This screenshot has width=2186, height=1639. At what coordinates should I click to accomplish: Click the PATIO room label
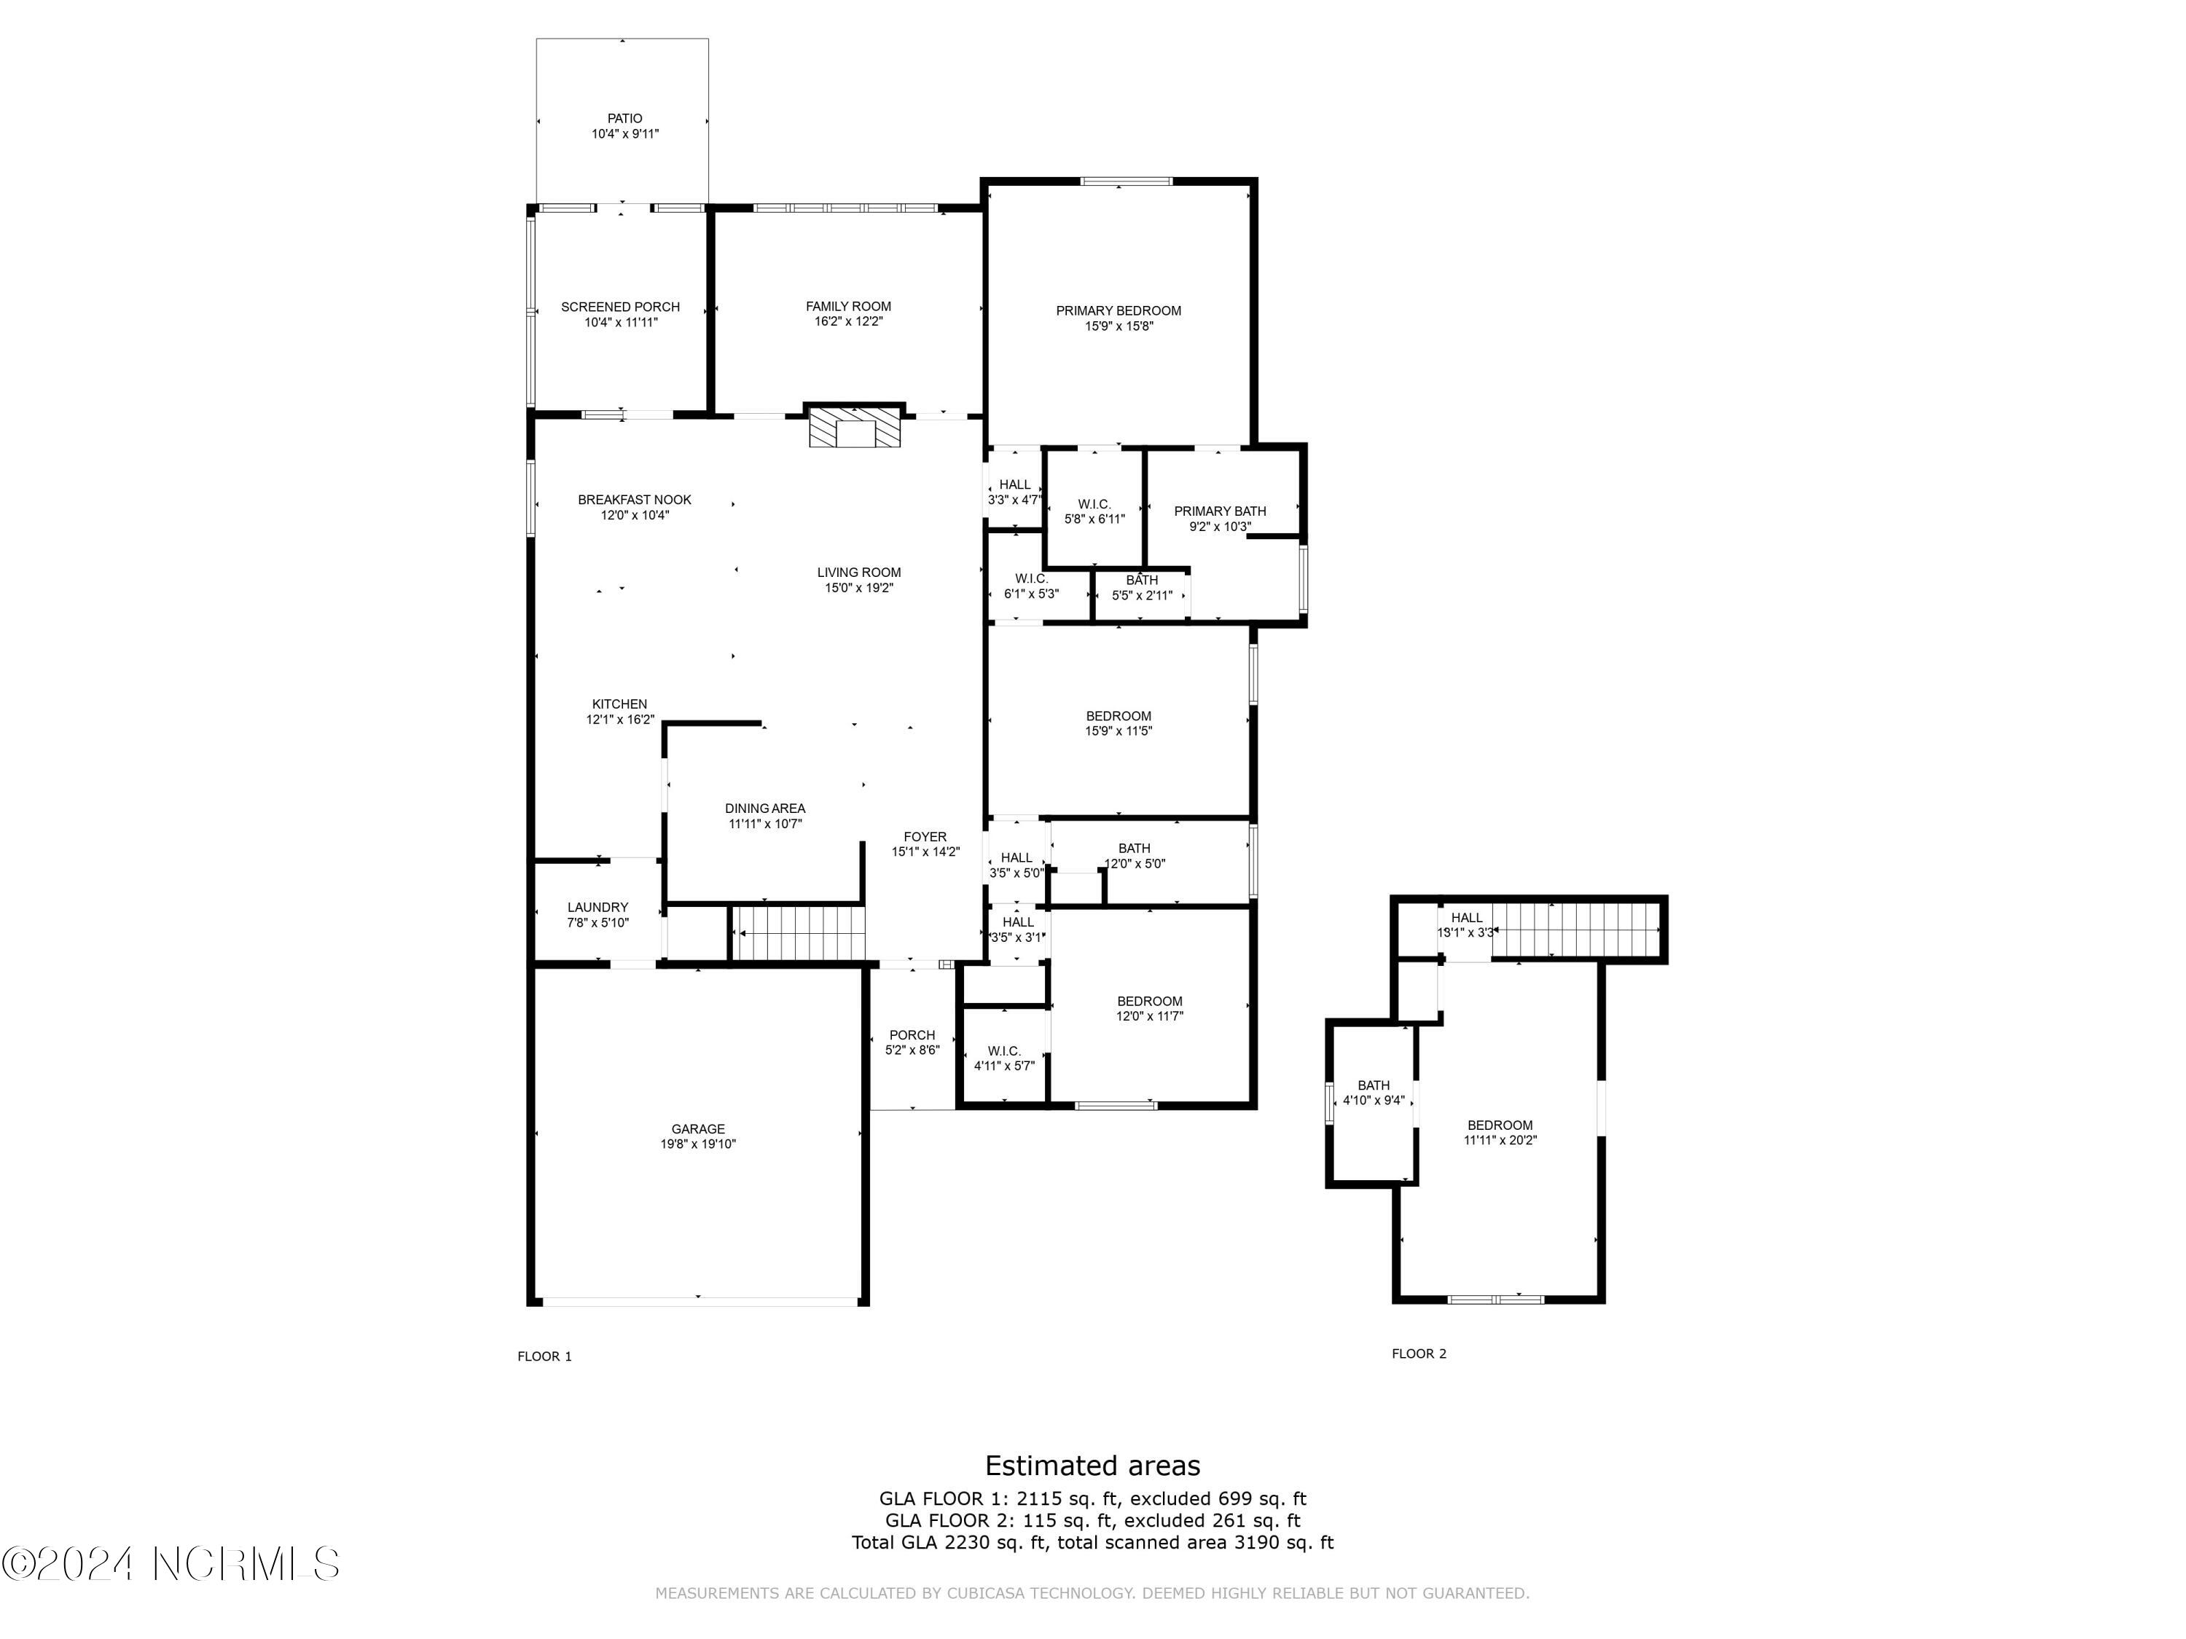click(624, 119)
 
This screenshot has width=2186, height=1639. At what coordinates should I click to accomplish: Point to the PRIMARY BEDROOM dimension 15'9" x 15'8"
click(1118, 326)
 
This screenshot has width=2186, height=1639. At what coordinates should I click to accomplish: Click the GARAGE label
click(698, 1129)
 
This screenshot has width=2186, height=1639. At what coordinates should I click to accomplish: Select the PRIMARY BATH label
click(1220, 511)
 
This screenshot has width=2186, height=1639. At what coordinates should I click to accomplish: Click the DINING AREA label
click(765, 808)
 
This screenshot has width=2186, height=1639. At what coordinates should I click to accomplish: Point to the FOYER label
click(924, 837)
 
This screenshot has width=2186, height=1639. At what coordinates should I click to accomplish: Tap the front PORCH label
click(911, 1035)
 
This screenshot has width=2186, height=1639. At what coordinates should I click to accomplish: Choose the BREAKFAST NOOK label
click(635, 500)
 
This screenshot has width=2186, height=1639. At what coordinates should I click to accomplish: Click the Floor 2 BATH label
click(1373, 1085)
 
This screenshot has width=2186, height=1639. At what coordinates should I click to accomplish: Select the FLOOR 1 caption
click(544, 1356)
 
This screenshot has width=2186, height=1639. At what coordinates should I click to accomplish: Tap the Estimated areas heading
click(1092, 1465)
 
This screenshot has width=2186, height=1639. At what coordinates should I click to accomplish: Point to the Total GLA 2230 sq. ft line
click(1092, 1542)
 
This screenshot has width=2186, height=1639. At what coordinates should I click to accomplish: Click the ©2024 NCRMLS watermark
click(170, 1564)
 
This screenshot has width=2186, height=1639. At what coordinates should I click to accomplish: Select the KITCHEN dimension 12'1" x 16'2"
click(619, 720)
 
